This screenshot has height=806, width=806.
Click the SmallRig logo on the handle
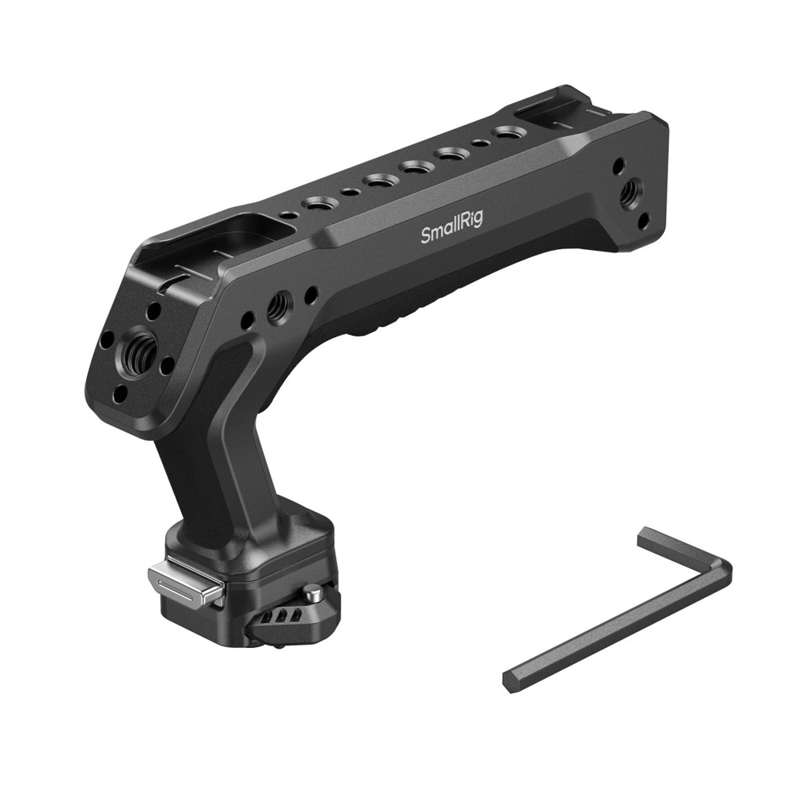[451, 229]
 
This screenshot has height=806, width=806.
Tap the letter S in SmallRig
[426, 236]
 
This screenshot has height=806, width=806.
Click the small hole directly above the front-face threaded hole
[153, 310]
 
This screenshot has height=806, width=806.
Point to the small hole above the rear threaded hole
[619, 166]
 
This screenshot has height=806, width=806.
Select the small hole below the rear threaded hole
[642, 222]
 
